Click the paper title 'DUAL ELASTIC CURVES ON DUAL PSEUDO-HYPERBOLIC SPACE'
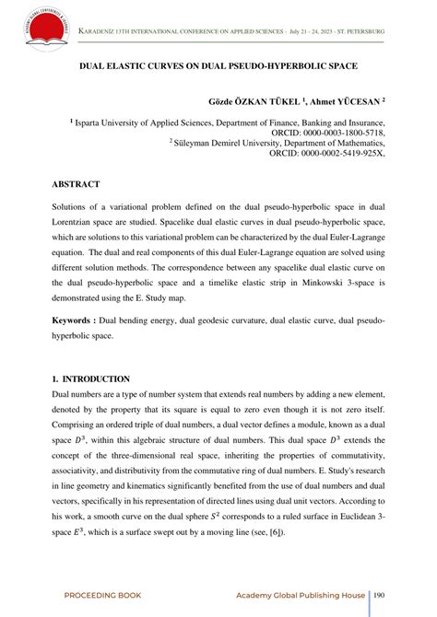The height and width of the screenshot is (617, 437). coord(218,68)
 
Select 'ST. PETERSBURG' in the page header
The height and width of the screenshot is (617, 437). coord(358,32)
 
